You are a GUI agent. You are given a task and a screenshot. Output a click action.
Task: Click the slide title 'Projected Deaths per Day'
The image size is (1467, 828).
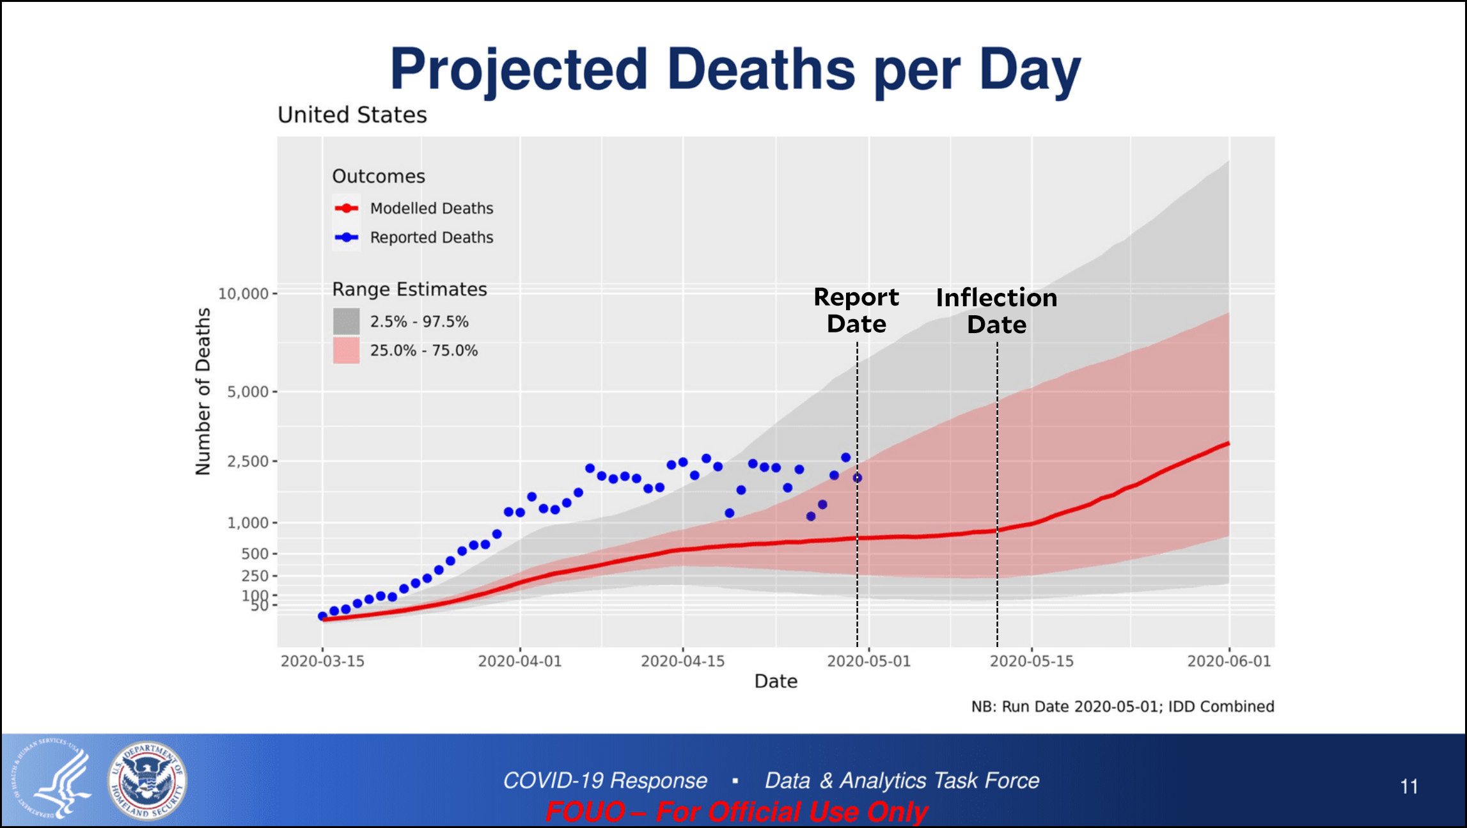(735, 70)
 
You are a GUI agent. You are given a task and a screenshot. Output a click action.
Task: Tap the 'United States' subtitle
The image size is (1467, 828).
(352, 115)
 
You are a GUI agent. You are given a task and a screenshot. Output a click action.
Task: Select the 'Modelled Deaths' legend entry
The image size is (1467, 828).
(414, 208)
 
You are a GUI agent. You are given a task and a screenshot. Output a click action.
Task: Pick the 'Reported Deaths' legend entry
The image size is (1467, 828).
(414, 238)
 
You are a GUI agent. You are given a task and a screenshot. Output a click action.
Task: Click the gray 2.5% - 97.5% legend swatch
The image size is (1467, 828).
(346, 322)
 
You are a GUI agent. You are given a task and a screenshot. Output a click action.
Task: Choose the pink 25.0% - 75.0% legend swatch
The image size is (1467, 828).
(346, 351)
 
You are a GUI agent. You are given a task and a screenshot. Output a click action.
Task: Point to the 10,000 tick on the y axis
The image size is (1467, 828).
(244, 293)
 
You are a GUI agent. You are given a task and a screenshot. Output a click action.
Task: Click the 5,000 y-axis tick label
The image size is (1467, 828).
(248, 391)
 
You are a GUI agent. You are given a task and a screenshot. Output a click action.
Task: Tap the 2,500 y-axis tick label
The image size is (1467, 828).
(248, 461)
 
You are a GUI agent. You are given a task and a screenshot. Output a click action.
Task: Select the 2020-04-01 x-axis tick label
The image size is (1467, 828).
(520, 661)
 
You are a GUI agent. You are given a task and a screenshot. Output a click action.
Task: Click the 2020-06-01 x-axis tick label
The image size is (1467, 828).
(1229, 661)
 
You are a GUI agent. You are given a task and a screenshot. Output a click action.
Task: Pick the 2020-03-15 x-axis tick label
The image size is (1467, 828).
(322, 661)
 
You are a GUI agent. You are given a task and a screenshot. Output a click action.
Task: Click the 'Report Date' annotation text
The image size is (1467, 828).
(857, 311)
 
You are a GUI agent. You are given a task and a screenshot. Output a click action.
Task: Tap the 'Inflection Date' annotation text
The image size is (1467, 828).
(997, 311)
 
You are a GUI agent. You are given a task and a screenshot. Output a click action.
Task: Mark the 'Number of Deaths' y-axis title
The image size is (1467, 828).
(203, 391)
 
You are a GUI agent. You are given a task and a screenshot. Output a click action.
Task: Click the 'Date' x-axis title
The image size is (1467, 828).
(776, 682)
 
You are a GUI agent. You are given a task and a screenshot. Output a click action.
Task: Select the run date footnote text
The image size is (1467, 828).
(1122, 707)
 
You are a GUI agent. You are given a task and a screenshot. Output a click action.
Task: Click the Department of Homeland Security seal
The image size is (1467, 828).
(147, 781)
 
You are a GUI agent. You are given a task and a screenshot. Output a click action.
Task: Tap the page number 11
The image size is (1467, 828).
(1409, 786)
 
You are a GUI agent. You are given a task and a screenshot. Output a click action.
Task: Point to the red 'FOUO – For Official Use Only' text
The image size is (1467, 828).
(736, 812)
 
